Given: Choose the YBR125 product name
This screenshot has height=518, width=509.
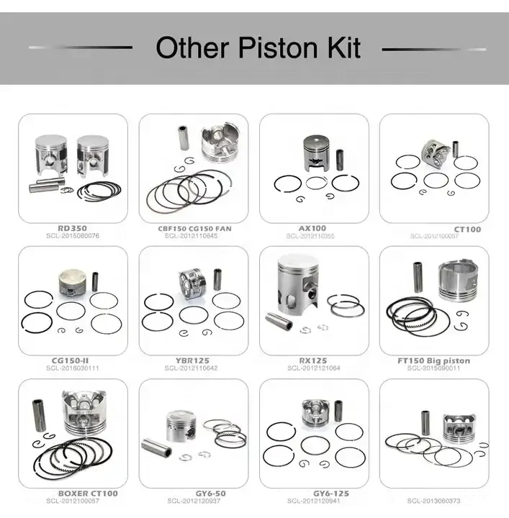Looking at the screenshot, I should [192, 360].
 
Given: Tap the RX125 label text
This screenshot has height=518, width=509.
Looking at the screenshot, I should [313, 360].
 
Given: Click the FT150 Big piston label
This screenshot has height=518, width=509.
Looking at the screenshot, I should [433, 360].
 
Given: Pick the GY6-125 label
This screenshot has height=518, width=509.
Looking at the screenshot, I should [330, 494].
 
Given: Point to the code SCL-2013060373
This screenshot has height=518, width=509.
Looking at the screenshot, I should [433, 501].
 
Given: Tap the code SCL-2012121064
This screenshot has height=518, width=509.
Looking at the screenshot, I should [313, 368].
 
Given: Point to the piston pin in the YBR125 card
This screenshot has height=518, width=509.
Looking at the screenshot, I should [217, 278].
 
